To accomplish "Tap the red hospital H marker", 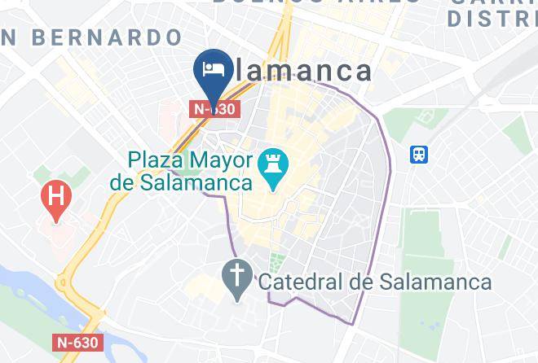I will tap(55, 198).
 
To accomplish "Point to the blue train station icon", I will tap(421, 154).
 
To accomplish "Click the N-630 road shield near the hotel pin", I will tap(214, 108).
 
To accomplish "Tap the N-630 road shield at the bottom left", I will tap(78, 343).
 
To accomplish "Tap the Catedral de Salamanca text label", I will tap(375, 282).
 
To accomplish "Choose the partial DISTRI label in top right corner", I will tap(494, 16).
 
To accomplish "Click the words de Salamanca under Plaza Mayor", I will tap(181, 182).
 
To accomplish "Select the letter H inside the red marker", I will tap(55, 195).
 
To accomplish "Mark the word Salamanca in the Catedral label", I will tap(436, 282).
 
